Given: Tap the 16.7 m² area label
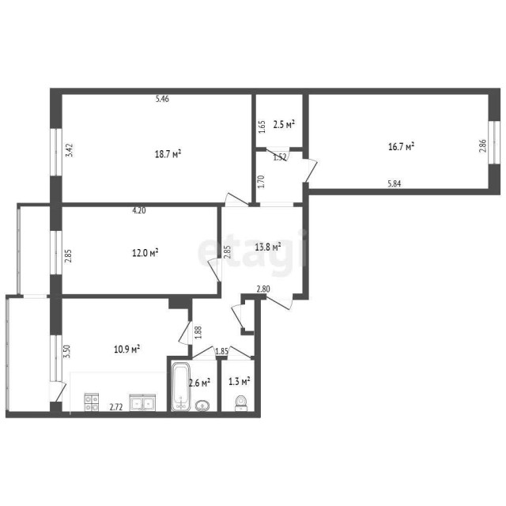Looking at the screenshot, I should tap(402, 146).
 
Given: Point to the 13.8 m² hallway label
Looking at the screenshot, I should tap(268, 247).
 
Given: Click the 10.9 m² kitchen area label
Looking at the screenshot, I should tap(126, 349).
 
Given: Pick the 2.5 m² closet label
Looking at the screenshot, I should tap(283, 124).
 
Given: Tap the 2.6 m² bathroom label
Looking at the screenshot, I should tap(199, 383).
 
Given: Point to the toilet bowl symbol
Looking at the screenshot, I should tap(242, 404).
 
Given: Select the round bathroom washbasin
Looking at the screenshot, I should tap(202, 406).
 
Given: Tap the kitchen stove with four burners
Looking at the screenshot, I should tap(91, 402).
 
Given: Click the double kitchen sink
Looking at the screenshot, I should tap(142, 402).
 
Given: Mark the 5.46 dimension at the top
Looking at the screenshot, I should tap(162, 99).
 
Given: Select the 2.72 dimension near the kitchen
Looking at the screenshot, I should tap(115, 407).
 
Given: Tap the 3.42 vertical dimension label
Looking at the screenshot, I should tap(70, 149).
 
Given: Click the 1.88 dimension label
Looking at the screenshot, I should tap(198, 332).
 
